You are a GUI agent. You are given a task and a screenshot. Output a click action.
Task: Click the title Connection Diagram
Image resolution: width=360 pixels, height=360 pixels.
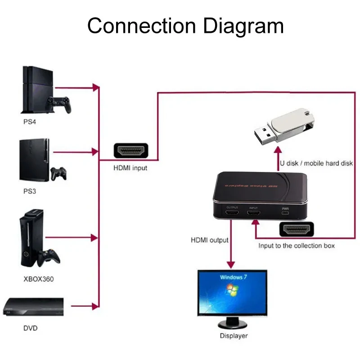185,26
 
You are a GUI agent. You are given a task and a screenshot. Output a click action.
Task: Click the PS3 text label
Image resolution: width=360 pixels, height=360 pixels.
30,191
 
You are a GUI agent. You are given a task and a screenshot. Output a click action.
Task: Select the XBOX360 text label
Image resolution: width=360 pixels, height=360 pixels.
38,279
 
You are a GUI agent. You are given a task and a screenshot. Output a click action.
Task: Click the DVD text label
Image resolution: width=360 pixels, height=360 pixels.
31,328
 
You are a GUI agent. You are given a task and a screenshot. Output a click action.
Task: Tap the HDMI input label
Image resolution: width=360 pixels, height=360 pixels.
130,168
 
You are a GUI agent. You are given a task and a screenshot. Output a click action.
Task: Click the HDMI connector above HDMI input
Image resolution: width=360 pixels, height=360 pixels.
130,151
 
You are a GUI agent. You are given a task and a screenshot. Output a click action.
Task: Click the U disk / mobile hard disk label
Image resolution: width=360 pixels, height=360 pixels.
316,163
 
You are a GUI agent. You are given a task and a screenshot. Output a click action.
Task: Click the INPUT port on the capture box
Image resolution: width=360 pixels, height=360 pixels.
253,214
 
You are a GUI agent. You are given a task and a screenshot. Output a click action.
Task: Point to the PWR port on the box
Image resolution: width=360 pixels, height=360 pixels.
285,214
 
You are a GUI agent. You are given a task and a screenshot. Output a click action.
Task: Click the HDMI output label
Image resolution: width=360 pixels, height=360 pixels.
209,240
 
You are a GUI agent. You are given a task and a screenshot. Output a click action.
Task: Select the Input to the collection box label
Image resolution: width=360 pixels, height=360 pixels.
296,246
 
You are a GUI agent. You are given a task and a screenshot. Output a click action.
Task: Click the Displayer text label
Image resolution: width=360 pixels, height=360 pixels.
234,336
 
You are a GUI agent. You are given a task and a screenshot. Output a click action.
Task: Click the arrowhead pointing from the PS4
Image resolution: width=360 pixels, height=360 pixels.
95,87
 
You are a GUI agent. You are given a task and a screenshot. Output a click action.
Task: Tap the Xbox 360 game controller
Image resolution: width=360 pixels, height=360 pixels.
49,257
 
